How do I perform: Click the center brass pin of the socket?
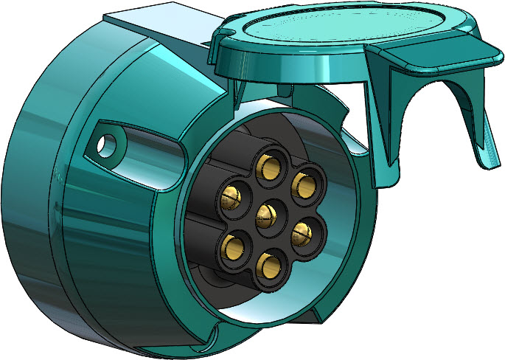(x=266, y=215)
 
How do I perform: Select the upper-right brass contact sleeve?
(x=303, y=181)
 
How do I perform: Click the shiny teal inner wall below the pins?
(x=280, y=302)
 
